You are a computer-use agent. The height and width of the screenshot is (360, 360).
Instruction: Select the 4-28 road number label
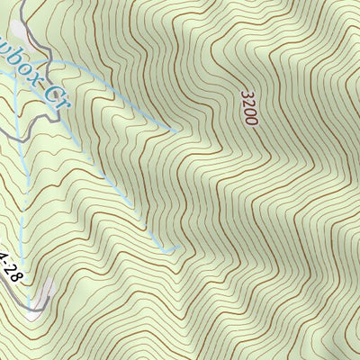pyautogui.click(x=11, y=266)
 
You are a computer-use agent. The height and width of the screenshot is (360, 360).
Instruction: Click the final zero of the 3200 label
pyautogui.click(x=251, y=121)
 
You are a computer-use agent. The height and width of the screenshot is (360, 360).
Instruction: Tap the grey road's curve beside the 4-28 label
pyautogui.click(x=24, y=288)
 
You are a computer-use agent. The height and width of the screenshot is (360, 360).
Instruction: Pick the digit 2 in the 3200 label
pyautogui.click(x=248, y=103)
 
